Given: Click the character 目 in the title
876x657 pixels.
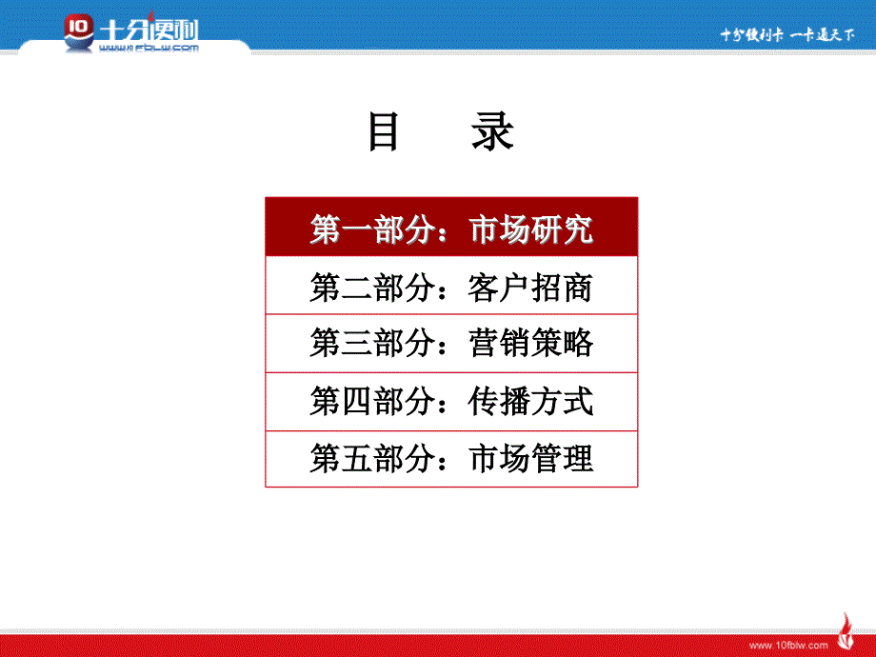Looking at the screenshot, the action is [384, 131].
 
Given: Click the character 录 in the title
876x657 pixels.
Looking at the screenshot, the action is [493, 131].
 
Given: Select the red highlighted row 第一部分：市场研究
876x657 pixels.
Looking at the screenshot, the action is [451, 227].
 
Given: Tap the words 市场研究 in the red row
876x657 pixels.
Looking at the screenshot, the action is [530, 229].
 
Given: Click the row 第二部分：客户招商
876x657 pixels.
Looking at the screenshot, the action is [451, 286].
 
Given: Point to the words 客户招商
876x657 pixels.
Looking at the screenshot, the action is [530, 288].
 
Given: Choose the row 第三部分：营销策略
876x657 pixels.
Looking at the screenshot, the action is [451, 344].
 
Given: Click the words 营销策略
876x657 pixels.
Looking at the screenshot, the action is [530, 343].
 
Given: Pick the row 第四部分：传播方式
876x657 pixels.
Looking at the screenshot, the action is [451, 402].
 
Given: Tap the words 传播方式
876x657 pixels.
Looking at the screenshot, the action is [530, 401].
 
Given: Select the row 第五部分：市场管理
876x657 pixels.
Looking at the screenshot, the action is [451, 459].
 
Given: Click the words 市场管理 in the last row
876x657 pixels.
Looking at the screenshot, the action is [530, 458].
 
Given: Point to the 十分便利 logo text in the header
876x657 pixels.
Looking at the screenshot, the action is [149, 30].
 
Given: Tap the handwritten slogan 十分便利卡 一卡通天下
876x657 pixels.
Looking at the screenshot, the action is [787, 34].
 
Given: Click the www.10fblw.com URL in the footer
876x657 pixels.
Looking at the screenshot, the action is [788, 646].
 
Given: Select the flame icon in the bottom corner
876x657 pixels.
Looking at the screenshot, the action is [846, 632].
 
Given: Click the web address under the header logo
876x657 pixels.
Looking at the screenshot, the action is [149, 48].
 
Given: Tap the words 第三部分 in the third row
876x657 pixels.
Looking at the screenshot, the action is [372, 343].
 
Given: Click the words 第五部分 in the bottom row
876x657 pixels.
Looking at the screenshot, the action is [372, 458].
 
